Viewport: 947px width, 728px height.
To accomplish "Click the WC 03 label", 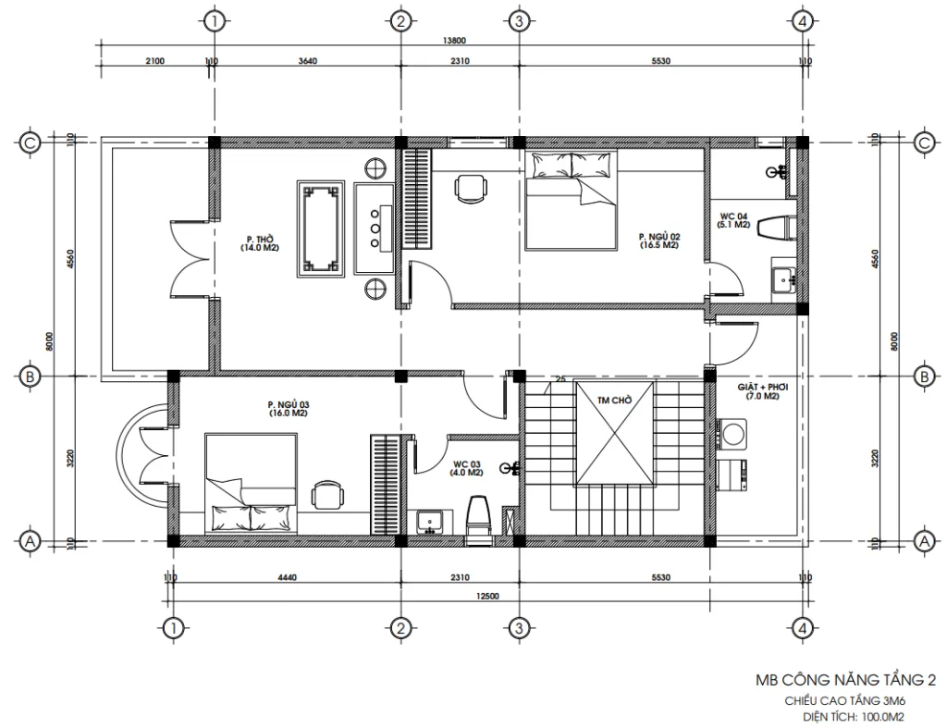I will tap(468, 467).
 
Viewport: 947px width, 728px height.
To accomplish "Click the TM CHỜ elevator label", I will tap(614, 401).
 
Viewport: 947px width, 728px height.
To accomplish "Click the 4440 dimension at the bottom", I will tap(285, 577).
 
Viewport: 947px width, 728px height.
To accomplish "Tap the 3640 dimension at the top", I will tap(307, 61).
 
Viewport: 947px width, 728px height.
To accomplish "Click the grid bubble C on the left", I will tap(31, 142).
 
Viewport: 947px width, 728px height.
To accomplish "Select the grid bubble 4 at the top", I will tap(804, 20).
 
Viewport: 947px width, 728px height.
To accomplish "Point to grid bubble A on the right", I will tap(922, 541).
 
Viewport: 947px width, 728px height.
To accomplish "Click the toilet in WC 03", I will tap(477, 514).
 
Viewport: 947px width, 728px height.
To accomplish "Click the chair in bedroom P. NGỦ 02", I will tap(472, 187).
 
